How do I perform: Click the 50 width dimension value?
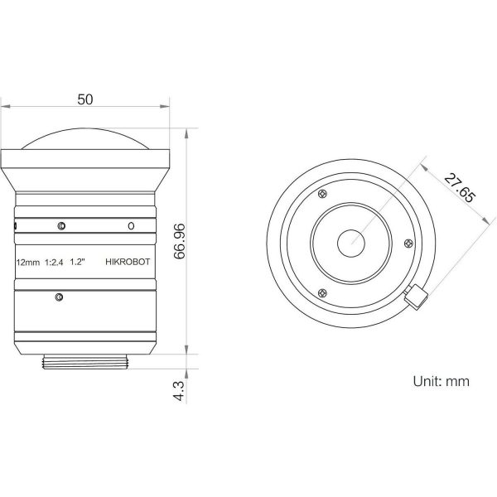pos(85,99)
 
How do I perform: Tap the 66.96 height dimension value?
pos(180,241)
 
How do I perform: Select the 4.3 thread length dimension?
pos(179,391)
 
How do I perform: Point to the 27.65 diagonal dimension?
pos(460,188)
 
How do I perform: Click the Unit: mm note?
pos(441,381)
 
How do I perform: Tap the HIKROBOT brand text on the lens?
pos(128,262)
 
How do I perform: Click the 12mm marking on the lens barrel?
pos(28,263)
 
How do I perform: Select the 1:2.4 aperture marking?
pos(54,262)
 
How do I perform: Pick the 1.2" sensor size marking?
pos(78,262)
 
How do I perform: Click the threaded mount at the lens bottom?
pos(85,362)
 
